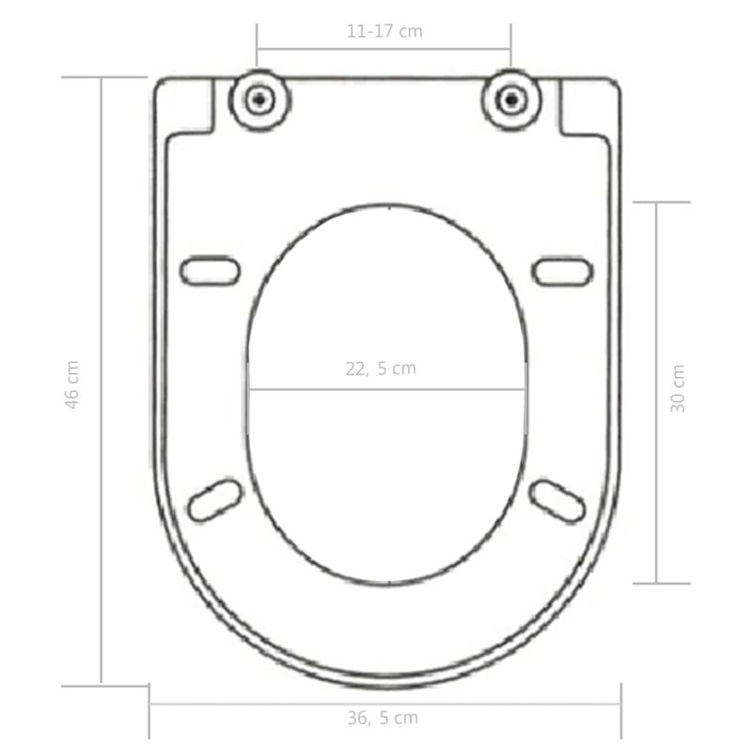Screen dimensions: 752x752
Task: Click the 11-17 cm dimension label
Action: tap(384, 31)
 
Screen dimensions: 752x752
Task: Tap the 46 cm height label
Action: tap(72, 384)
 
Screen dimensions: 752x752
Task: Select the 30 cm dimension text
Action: tap(678, 388)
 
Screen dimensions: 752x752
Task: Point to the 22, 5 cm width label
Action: tap(380, 368)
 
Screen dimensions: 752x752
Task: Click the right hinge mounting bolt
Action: tap(510, 99)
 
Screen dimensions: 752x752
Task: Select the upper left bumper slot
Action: tap(211, 271)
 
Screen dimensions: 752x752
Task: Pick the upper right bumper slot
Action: tap(562, 271)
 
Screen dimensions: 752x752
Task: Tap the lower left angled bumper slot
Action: tap(215, 499)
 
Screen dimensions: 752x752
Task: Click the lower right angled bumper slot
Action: tap(556, 500)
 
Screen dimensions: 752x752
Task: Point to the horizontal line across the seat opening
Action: tap(386, 389)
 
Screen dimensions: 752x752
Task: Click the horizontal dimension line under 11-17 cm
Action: tap(384, 49)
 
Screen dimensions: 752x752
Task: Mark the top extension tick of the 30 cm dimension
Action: tap(661, 202)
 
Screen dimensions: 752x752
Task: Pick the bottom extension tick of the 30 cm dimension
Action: tap(661, 583)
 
